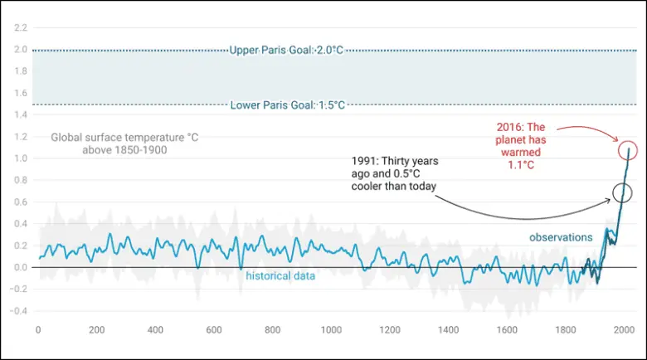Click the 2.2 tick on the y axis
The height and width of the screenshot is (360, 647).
point(20,28)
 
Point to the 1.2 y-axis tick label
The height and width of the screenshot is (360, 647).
point(20,137)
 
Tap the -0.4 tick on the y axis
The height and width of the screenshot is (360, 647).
point(18,311)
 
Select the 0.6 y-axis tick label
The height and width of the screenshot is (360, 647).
point(20,202)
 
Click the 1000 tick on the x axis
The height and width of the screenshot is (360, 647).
point(331,330)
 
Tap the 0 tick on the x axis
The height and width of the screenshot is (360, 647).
point(38,330)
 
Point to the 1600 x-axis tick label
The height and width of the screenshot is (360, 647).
point(507,330)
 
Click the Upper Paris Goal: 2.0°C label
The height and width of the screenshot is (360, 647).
point(286,51)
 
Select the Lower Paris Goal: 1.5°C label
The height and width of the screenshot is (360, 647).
point(287,105)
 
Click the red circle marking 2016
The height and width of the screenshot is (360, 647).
point(628,151)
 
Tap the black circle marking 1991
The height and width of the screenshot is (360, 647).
point(622,192)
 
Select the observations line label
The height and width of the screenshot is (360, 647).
point(562,237)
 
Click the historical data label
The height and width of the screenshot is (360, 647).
point(280,276)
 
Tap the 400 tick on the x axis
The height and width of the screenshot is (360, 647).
point(155,330)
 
